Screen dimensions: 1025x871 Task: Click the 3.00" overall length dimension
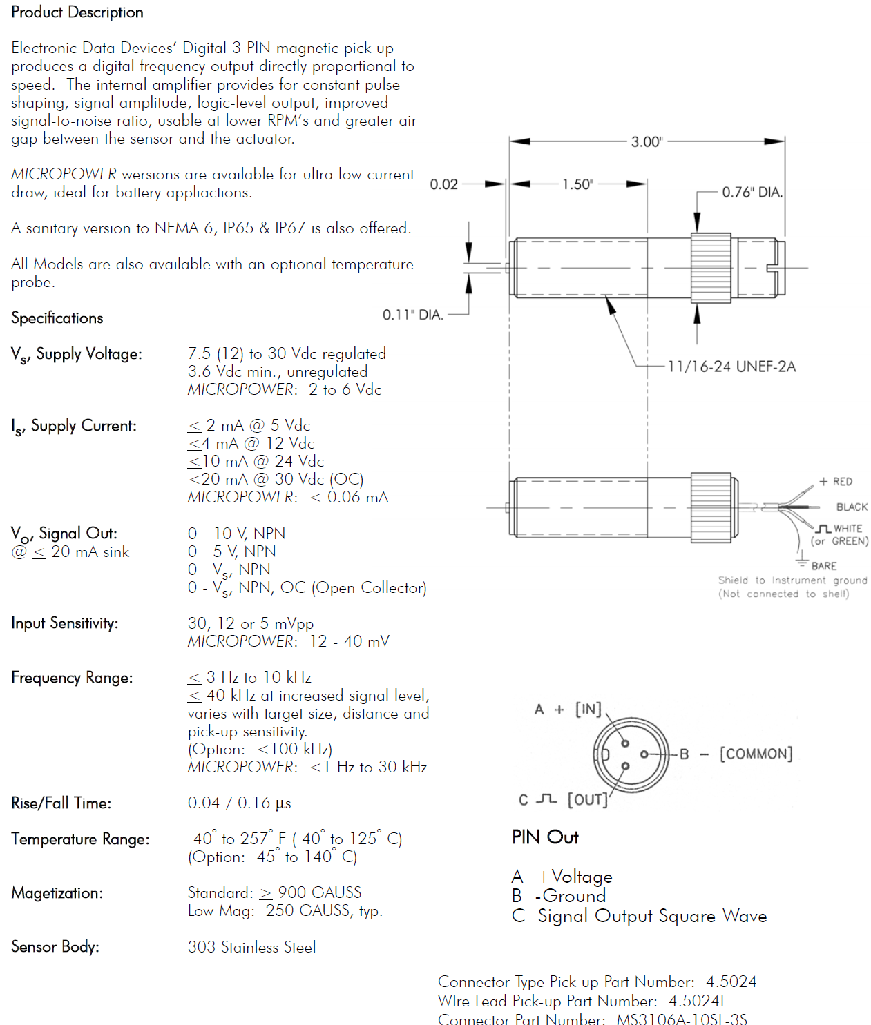tap(647, 141)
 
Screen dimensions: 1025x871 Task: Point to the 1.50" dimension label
tap(577, 184)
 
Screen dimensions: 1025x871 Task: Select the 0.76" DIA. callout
tap(752, 192)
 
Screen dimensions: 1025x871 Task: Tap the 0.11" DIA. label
tap(413, 315)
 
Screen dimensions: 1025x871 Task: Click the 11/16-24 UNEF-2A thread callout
tap(731, 367)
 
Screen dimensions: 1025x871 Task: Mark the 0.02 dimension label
tap(443, 184)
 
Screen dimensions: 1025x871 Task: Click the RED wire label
tap(842, 482)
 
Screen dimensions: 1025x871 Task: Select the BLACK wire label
tap(852, 507)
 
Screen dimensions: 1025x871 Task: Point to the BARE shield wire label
tap(823, 566)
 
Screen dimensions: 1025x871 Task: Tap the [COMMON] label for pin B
tap(756, 754)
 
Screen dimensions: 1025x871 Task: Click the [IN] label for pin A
tap(588, 710)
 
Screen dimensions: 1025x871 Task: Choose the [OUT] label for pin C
tap(587, 799)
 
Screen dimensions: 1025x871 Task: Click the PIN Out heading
tap(545, 837)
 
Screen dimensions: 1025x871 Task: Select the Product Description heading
tap(77, 12)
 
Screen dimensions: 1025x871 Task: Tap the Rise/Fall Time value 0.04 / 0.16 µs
tap(239, 803)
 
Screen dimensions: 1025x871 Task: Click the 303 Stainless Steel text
tap(251, 947)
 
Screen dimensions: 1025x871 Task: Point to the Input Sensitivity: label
tap(65, 623)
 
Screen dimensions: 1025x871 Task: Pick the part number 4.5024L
tap(698, 1001)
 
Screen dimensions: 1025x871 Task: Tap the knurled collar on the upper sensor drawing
tap(711, 268)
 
